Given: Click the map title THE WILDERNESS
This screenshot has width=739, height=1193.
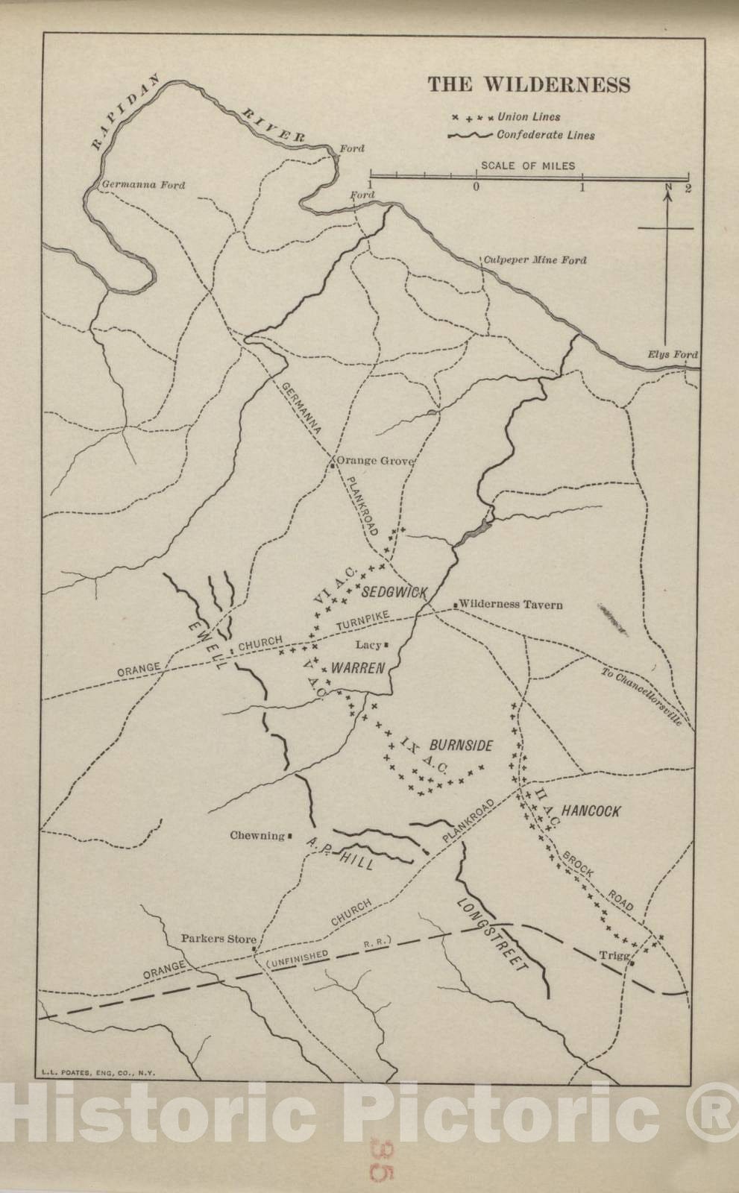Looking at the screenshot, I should [x=529, y=84].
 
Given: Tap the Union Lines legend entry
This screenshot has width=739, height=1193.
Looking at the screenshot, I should [x=529, y=117].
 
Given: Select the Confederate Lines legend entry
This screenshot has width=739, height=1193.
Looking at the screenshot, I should [x=545, y=136].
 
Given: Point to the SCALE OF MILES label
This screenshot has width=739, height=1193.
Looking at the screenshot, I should [x=528, y=166].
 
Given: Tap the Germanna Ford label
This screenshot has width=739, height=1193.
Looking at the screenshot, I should [x=143, y=185].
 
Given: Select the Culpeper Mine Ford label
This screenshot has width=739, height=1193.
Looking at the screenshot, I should [x=535, y=260].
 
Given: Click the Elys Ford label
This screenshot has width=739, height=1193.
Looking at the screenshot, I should [x=673, y=355].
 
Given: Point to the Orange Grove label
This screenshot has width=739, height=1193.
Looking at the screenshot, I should [x=375, y=462].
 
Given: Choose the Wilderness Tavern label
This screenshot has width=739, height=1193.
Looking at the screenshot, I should [x=511, y=605].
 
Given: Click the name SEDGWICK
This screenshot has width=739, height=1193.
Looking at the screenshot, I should [x=394, y=593].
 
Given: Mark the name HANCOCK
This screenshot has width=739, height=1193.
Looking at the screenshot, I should [x=591, y=811].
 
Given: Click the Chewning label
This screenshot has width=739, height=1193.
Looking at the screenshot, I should [x=257, y=836].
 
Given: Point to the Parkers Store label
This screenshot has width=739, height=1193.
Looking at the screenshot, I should [x=218, y=939].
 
